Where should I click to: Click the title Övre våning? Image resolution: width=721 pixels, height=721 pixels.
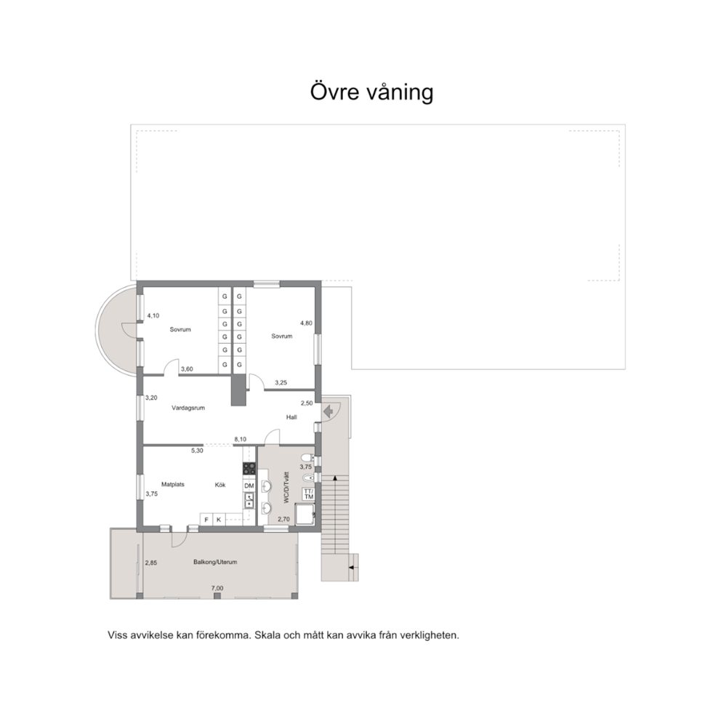(371, 92)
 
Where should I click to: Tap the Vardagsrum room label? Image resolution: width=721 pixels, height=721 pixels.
(188, 408)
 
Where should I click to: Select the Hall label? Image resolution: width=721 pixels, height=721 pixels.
(291, 417)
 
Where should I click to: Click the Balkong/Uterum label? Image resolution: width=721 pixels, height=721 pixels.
(215, 562)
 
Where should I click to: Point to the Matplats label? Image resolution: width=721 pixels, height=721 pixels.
(173, 484)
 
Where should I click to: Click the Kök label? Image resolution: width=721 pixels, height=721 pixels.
(220, 485)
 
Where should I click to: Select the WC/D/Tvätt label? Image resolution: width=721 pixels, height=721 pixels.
(286, 488)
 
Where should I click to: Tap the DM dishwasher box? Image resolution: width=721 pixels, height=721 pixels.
(249, 486)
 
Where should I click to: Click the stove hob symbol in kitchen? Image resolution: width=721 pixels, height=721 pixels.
(249, 469)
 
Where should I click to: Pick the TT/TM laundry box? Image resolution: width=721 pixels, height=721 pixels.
(309, 494)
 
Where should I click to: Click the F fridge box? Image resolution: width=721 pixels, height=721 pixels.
(206, 520)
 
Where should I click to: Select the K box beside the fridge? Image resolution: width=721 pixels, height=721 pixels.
(219, 520)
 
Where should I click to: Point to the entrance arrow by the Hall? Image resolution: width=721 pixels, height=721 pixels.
(328, 411)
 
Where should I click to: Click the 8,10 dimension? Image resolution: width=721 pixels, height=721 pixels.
(240, 440)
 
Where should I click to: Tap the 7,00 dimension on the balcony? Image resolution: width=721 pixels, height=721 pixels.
(217, 588)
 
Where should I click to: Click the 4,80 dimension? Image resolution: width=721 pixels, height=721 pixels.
(306, 323)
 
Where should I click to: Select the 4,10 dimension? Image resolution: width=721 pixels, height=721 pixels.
(153, 316)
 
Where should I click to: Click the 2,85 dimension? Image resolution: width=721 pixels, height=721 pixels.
(151, 563)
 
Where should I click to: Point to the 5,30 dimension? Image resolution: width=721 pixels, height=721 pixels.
(197, 451)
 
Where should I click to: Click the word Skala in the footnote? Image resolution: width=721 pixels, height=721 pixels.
(267, 635)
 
